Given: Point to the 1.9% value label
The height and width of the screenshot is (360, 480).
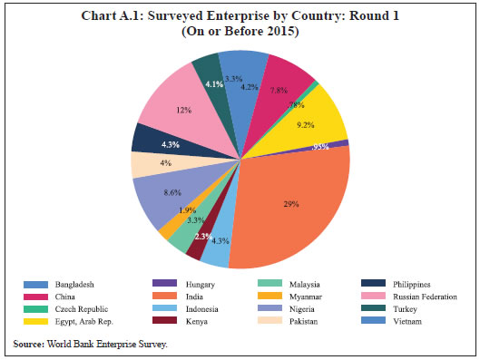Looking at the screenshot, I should pyautogui.click(x=188, y=210).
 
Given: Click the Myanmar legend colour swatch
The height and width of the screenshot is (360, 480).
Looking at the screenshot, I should pyautogui.click(x=261, y=297).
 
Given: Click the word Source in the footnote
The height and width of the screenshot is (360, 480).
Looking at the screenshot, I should pyautogui.click(x=29, y=344).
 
